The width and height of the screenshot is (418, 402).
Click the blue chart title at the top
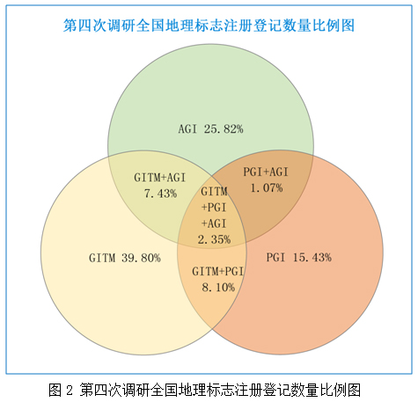coord(209,26)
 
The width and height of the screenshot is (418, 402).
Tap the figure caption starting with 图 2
coord(204,390)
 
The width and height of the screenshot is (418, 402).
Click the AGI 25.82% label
coord(210,129)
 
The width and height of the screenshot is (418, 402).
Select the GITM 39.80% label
coord(125,258)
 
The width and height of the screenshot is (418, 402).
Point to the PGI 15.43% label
coord(299,258)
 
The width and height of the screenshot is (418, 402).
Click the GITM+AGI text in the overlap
coord(159,178)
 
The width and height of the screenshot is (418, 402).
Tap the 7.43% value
coord(160,194)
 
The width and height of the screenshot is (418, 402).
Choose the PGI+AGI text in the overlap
coord(266,172)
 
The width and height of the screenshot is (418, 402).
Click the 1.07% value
coord(267,188)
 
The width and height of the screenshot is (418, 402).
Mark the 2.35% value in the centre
coord(214,239)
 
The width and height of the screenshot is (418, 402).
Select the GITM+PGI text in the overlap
coord(218,272)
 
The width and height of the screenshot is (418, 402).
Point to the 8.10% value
coord(218,288)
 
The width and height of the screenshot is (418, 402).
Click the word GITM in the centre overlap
coord(214,192)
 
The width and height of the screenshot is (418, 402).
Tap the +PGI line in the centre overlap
coord(214,208)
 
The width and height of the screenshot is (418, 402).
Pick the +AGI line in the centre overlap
coord(214,223)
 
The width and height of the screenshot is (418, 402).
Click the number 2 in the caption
coord(70,391)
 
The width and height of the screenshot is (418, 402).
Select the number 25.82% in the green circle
coord(224,129)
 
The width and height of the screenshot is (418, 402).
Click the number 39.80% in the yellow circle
coord(141,258)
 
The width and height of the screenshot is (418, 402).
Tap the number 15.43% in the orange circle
coord(312,258)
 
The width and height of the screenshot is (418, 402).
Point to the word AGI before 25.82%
coord(187,129)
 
